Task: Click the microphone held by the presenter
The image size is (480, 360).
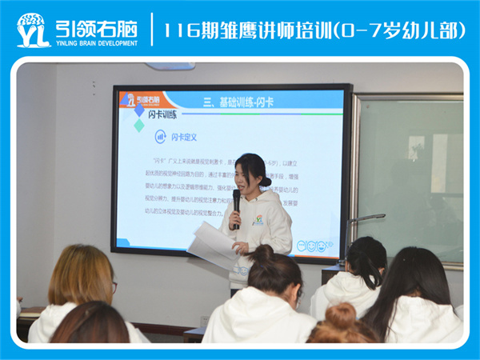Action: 236,204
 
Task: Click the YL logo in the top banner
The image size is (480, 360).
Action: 33,30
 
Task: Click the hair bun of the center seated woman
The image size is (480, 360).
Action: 262,254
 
